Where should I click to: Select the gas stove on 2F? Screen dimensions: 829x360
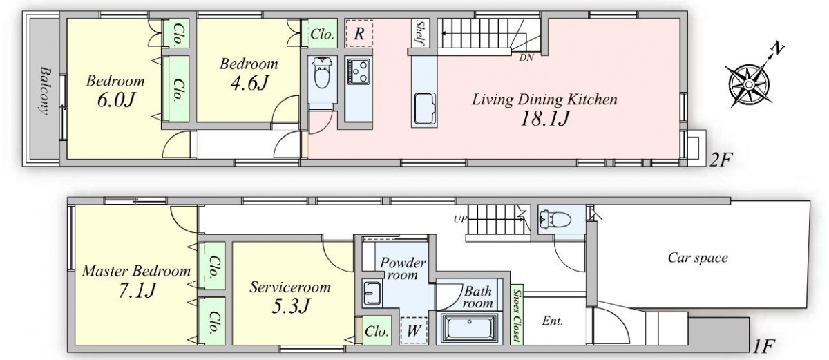pyautogui.click(x=358, y=71)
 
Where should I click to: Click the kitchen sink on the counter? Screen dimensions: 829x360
pyautogui.click(x=424, y=108)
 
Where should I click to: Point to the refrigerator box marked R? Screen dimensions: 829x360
pyautogui.click(x=359, y=34)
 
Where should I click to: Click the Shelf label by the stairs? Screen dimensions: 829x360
pyautogui.click(x=421, y=32)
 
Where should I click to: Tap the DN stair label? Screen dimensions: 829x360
pyautogui.click(x=526, y=58)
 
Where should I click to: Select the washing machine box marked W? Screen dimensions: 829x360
pyautogui.click(x=414, y=331)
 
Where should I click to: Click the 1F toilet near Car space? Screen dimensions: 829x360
pyautogui.click(x=555, y=219)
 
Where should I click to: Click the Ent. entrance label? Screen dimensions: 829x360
pyautogui.click(x=553, y=321)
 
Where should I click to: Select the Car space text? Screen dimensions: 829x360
pyautogui.click(x=698, y=258)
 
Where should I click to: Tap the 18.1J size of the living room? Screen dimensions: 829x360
pyautogui.click(x=544, y=119)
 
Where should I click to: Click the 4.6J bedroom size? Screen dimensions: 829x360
pyautogui.click(x=249, y=83)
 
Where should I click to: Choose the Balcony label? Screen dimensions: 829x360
pyautogui.click(x=45, y=91)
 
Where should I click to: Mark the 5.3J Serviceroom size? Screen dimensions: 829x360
pyautogui.click(x=290, y=306)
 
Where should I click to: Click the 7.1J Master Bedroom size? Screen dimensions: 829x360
pyautogui.click(x=137, y=290)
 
